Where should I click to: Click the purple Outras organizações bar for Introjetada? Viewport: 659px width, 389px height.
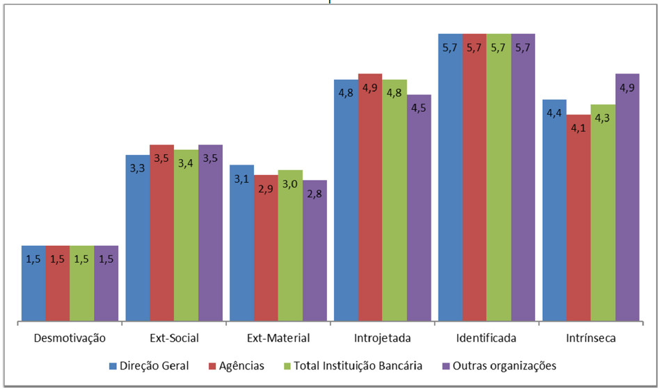point(419,208)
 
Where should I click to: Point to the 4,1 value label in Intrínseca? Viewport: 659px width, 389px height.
point(578,127)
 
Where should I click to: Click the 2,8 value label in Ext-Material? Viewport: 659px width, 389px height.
point(315,193)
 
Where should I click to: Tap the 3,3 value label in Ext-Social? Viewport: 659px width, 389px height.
point(137,167)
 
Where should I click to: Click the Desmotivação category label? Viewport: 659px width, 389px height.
point(70,338)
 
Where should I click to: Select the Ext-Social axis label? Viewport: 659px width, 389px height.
point(174,338)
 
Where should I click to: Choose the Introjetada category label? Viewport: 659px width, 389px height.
point(382,338)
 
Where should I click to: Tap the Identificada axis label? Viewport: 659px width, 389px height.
point(486,338)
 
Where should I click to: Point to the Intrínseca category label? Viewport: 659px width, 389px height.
point(590,338)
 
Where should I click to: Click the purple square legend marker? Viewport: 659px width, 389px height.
point(445,365)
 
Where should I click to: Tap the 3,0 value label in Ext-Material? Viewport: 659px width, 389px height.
point(290,183)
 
